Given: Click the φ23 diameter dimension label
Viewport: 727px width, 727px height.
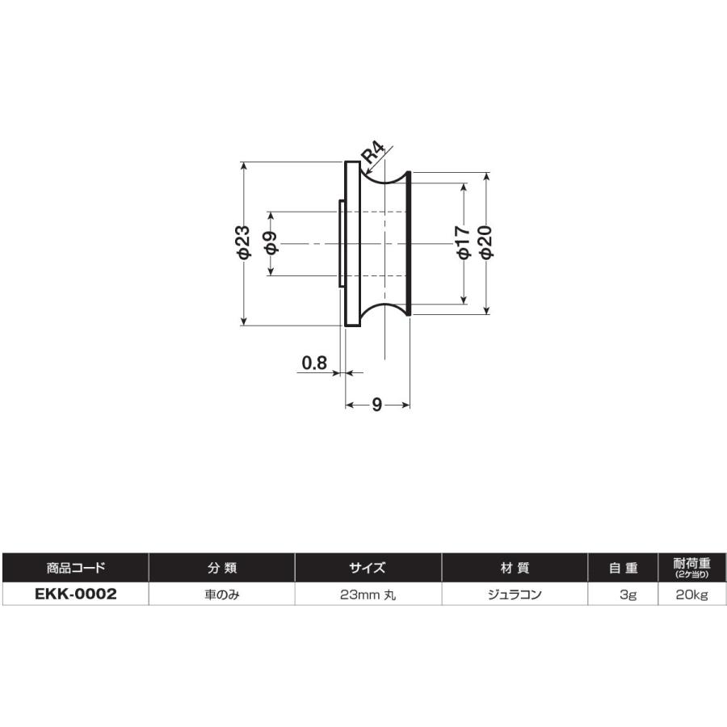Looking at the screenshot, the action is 244,242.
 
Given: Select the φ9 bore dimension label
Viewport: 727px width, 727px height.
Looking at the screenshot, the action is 271,242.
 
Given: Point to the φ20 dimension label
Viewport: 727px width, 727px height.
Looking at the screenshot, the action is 485,242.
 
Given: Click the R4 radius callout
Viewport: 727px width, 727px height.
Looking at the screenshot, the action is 374,153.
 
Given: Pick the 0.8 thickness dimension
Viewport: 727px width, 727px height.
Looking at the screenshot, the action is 314,362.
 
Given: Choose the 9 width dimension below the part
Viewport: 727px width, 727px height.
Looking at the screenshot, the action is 376,405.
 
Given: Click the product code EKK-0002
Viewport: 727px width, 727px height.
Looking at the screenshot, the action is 76,594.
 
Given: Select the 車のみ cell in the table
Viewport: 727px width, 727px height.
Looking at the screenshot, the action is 222,595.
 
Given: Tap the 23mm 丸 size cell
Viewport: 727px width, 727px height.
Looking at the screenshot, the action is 368,595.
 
